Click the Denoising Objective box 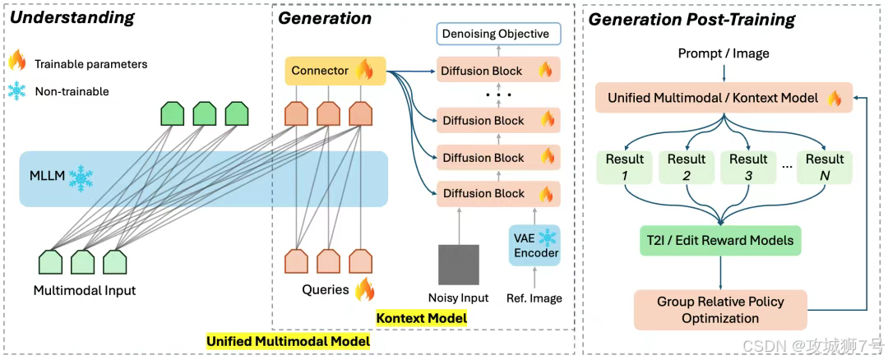pos(496,34)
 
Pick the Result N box pos(825,167)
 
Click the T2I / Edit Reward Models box pos(719,240)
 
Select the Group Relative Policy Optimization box pos(719,309)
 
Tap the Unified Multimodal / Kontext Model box pos(724,99)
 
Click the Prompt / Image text pos(724,53)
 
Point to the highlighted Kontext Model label pos(421,317)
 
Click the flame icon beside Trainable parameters pos(16,62)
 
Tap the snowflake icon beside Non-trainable pos(16,91)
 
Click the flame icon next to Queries pos(363,289)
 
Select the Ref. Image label pos(535,298)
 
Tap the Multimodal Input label pos(84,290)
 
